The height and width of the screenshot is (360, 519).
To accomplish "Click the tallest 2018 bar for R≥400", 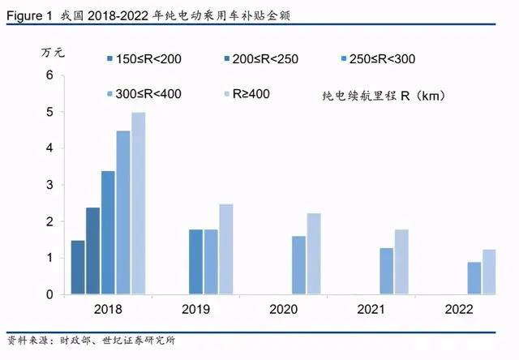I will coord(139,203).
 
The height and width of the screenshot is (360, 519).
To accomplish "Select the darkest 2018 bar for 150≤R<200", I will coord(78,267).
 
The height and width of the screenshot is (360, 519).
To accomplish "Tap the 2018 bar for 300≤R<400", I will coord(123,212).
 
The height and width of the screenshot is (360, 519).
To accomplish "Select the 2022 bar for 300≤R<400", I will coord(474,278).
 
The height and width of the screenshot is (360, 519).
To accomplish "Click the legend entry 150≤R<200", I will coord(141,59).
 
